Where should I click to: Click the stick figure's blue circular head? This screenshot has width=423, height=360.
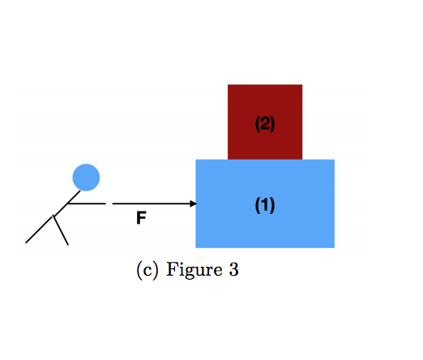pos(86,177)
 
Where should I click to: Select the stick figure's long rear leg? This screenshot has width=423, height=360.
pos(40,229)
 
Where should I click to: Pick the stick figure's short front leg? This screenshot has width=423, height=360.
pos(62,231)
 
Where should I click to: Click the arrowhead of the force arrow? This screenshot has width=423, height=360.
pos(193,204)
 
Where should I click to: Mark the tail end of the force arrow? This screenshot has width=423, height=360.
pos(113,204)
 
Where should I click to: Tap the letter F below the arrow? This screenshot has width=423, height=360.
pos(141,218)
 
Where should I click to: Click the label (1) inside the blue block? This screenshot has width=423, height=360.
pos(265,206)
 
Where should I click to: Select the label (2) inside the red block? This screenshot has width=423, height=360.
pos(265,124)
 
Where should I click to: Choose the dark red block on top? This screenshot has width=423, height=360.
pos(265,101)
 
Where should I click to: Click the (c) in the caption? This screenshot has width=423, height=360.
pos(147,271)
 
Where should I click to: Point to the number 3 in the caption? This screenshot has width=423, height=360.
pos(233,271)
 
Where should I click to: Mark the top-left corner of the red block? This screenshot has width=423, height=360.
pos(229,85)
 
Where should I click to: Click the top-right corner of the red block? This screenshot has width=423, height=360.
pos(301,85)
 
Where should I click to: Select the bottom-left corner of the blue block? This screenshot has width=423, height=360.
pos(197,246)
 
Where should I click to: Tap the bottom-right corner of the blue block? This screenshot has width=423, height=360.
pos(334,246)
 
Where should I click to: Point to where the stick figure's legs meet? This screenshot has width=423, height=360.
pos(54,216)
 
